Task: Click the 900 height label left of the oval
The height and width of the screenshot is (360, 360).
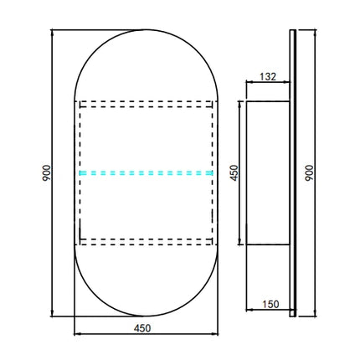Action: (47, 172)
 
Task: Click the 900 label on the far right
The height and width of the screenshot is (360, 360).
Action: (309, 172)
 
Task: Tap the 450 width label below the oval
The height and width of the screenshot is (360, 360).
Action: (142, 328)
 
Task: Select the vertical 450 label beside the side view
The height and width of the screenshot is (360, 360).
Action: (234, 172)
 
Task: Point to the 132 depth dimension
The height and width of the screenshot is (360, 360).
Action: (268, 76)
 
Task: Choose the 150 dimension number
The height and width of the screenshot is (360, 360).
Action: (270, 304)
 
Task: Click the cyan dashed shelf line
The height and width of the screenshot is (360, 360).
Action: (146, 173)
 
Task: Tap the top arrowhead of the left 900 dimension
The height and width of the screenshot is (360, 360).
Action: (52, 32)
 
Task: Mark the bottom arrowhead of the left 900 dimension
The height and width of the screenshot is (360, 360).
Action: (52, 314)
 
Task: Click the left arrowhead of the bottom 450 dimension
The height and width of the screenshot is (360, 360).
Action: (77, 333)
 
